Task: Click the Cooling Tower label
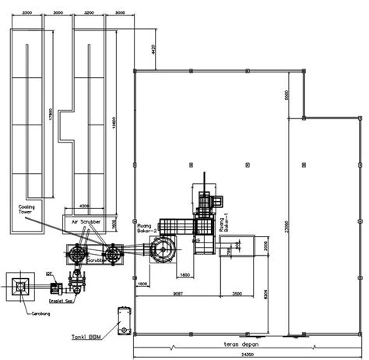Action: point(29,210)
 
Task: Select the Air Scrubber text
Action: point(88,221)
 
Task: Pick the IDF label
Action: point(48,274)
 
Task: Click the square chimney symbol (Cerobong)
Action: point(18,287)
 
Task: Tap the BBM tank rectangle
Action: point(122,319)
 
